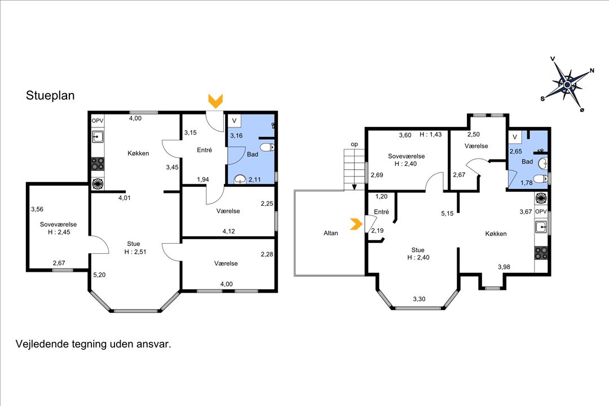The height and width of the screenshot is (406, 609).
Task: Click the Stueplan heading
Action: click(x=50, y=96)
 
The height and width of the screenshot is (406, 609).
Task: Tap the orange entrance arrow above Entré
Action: click(x=215, y=101)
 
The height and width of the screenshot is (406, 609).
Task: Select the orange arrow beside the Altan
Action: click(x=356, y=224)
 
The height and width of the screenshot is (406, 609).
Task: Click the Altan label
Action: click(x=331, y=233)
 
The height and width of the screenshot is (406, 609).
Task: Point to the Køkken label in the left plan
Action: click(x=138, y=153)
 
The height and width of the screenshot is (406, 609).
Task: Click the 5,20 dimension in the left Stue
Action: click(x=100, y=275)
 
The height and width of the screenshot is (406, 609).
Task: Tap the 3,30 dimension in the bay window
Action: click(x=420, y=299)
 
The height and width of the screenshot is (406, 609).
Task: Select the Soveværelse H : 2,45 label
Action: click(x=58, y=228)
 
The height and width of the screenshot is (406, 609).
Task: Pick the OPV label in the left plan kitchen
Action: click(x=98, y=121)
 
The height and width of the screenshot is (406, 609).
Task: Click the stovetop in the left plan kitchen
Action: click(x=98, y=164)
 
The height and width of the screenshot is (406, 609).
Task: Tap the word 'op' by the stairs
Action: click(x=354, y=144)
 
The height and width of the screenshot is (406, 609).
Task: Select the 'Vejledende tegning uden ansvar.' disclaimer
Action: click(x=92, y=343)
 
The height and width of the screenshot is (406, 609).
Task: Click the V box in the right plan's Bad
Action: click(x=514, y=136)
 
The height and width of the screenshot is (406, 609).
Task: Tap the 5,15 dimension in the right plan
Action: click(x=447, y=214)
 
